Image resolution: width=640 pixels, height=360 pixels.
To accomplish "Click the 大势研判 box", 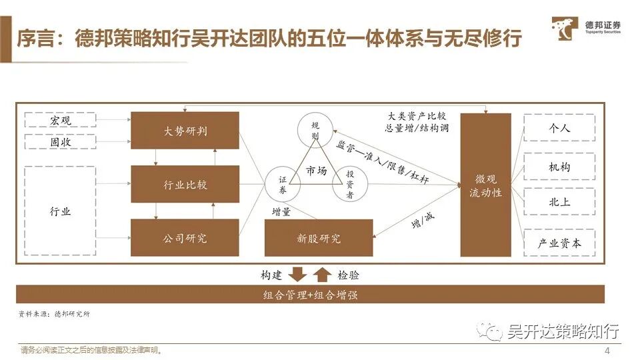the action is point(185,130).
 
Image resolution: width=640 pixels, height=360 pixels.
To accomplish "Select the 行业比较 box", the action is point(185,183).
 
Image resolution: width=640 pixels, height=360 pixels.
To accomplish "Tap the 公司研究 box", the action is point(185,237).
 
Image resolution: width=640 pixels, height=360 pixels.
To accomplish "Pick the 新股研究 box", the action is point(318,238).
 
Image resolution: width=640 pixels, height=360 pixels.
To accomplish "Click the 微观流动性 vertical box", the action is point(485,185).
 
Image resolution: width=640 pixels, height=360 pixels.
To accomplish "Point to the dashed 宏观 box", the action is point(60,121).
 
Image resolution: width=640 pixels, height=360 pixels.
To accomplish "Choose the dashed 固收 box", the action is point(60,141).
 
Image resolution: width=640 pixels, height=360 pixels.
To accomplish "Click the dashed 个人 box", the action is point(559,127).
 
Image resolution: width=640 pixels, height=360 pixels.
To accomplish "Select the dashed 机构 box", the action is point(559,166).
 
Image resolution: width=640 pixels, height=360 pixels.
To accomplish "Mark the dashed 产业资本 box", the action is point(559,243).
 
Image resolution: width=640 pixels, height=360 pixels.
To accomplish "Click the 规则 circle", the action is point(315,131).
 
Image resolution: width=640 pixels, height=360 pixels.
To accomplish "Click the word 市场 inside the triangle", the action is point(316,171).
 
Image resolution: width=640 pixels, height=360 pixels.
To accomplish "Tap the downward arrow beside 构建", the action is point(298,274).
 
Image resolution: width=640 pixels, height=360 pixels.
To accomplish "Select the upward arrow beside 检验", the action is point(322,274).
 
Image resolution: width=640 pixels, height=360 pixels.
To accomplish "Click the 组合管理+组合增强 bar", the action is point(310,294).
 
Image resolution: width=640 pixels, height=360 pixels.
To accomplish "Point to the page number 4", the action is point(607,351).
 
